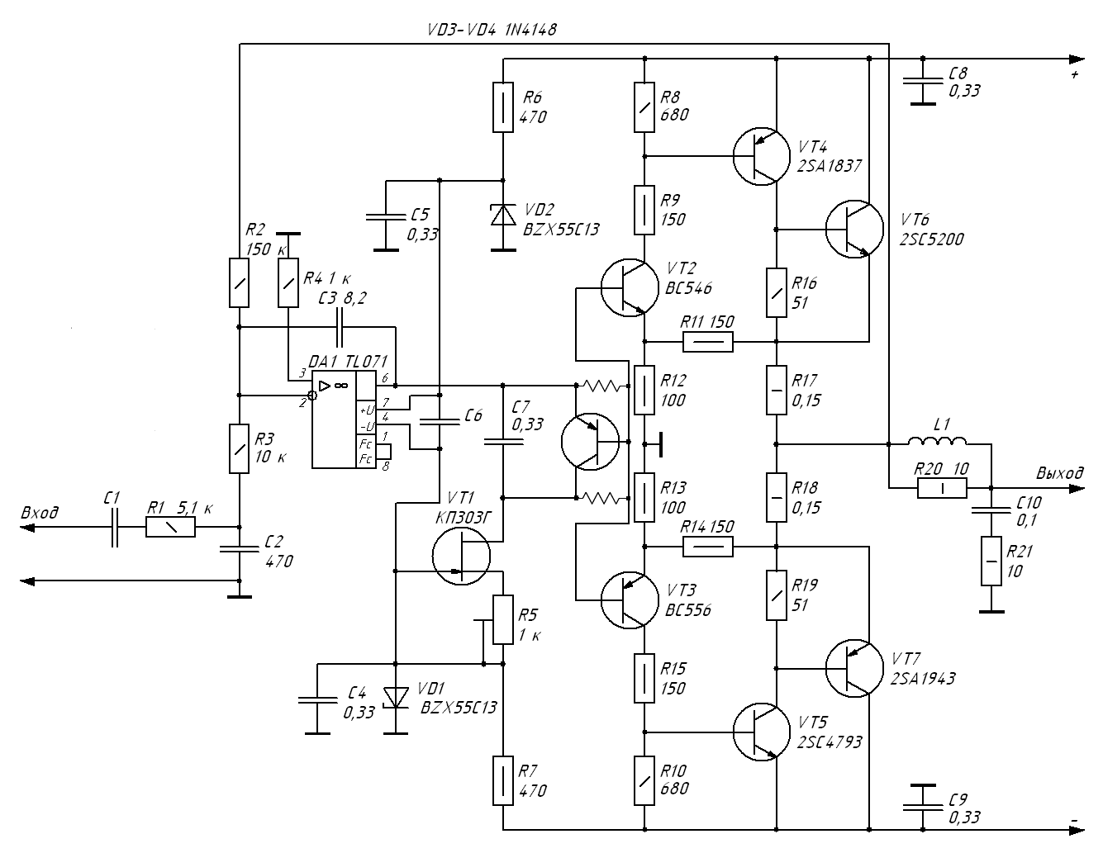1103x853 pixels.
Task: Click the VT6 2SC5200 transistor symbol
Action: pos(854,230)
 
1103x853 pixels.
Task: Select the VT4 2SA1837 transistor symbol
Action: pos(762,156)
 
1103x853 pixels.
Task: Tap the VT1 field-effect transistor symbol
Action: pos(461,557)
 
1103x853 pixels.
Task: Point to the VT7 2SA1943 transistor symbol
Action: pos(854,668)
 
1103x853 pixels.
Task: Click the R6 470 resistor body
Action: pos(503,107)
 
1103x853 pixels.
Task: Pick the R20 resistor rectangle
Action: pos(942,488)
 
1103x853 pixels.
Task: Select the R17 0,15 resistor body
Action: pos(776,390)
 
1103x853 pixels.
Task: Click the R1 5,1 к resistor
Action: pos(170,527)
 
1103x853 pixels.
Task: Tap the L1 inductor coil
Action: pos(937,441)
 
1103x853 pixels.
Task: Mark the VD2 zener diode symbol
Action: pos(503,215)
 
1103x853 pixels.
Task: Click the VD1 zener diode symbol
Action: pos(396,697)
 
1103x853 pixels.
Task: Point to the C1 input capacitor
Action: pos(115,527)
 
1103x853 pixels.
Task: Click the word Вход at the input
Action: pos(40,513)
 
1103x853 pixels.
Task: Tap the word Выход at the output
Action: pos(1059,473)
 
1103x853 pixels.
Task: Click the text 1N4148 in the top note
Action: pos(530,30)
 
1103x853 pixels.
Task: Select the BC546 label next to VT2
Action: pos(688,288)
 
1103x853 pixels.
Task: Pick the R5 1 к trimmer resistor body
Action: pos(503,619)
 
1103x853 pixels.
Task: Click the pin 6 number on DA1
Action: pos(385,378)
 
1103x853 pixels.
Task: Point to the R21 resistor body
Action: pos(991,561)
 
